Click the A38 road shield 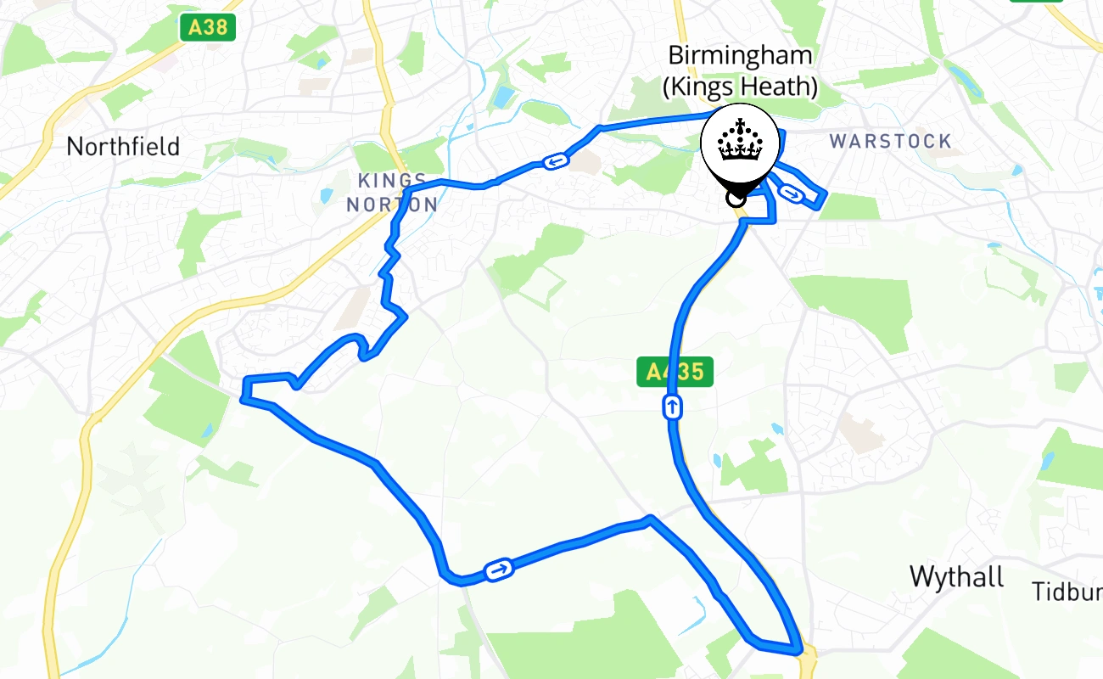[x=208, y=27]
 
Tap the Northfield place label [x=123, y=147]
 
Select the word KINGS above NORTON [x=392, y=181]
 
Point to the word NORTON [x=392, y=205]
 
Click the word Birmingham [x=740, y=56]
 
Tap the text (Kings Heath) [x=740, y=87]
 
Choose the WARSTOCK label [x=890, y=141]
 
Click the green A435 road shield [x=675, y=372]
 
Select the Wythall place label [x=956, y=577]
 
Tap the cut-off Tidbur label [x=1067, y=592]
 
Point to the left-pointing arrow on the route [x=555, y=161]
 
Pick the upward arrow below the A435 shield [x=672, y=408]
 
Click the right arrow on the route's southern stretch [x=499, y=570]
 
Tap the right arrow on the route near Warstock [x=791, y=194]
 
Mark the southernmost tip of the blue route [x=798, y=652]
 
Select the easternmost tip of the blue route [x=825, y=195]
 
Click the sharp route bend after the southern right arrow [x=649, y=519]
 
